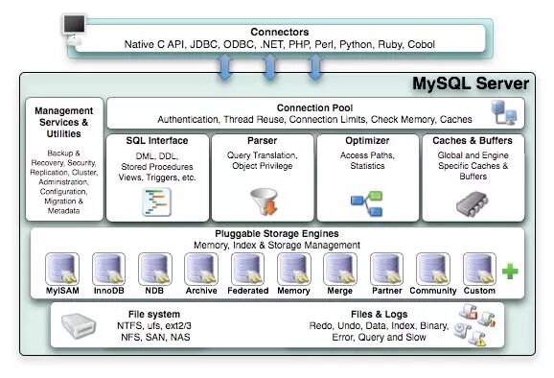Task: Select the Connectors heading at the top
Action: coord(279,31)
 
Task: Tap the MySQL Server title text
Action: coord(470,83)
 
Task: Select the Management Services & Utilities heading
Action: coord(63,124)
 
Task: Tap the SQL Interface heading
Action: coord(156,141)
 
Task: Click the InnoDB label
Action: coord(108,291)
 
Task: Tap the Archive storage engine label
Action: coord(201,291)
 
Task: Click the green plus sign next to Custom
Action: coord(510,272)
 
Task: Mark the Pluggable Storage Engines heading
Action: coord(277,233)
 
